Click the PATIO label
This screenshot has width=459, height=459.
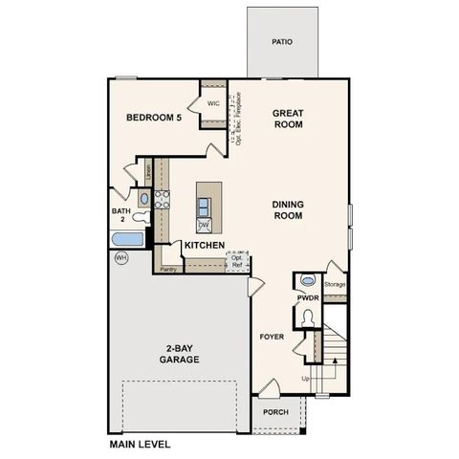point(281,42)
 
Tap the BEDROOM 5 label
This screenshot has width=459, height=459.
point(153,118)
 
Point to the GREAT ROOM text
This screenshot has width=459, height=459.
point(288,118)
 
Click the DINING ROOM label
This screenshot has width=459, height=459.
point(288,209)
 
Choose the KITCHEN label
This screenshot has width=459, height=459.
point(205,246)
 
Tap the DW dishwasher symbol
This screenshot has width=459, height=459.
point(204,225)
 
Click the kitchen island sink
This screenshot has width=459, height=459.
point(204,204)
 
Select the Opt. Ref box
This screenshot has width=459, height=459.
point(237,261)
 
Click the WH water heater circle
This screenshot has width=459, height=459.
point(120,257)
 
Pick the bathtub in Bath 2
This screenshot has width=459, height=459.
point(127,240)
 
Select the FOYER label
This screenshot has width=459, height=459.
point(273,338)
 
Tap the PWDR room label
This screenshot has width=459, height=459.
point(307,298)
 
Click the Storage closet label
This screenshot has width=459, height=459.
point(335,285)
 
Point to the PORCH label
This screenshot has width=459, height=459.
point(275,413)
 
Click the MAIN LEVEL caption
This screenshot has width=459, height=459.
point(140,445)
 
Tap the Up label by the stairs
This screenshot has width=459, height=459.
point(306,379)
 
